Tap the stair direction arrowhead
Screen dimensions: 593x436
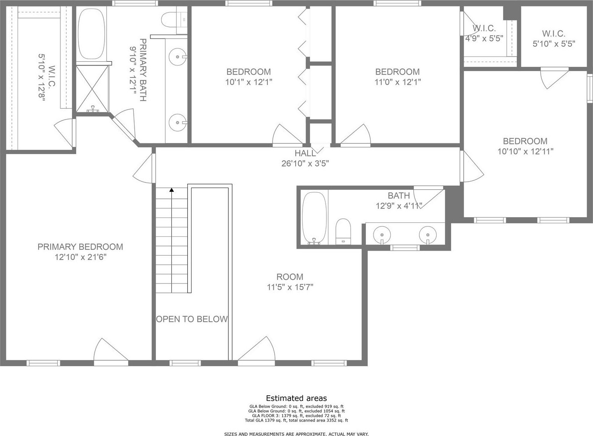point(172,190)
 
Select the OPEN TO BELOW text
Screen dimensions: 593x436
point(192,319)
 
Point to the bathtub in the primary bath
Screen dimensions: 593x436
point(91,33)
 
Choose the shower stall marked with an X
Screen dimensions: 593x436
point(92,89)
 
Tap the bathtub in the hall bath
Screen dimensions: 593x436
point(314,218)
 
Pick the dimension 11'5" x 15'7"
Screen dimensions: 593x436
point(290,287)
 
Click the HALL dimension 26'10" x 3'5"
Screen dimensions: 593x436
point(305,164)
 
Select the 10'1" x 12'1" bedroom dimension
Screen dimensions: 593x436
point(249,82)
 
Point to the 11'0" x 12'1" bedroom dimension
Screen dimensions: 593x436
point(397,82)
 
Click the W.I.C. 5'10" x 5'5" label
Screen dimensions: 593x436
point(554,39)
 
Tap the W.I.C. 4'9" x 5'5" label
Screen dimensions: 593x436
point(485,33)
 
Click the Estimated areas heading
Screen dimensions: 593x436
point(296,398)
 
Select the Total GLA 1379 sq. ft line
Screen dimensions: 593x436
point(296,420)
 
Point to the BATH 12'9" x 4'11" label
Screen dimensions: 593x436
point(399,200)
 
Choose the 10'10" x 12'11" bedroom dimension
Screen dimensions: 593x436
point(525,151)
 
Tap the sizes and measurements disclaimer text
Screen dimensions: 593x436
point(296,434)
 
